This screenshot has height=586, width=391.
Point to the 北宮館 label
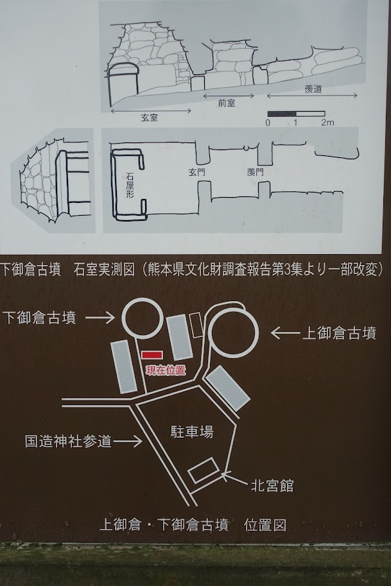[x=272, y=486]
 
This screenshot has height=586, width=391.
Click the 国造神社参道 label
[x=69, y=442]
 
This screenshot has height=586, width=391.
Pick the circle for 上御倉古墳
[x=233, y=333]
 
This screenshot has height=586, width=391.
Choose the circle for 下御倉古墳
[x=143, y=318]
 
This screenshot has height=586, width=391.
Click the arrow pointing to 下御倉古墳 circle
[x=100, y=318]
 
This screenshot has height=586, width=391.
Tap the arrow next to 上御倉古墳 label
[x=286, y=332]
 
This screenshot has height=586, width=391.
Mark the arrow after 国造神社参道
[x=128, y=442]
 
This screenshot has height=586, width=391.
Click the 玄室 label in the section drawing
[x=150, y=117]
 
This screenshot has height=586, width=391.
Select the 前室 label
[x=227, y=103]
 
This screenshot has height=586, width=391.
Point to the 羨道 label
[x=313, y=89]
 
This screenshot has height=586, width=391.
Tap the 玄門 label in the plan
[x=196, y=172]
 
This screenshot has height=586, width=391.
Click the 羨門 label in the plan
[x=256, y=172]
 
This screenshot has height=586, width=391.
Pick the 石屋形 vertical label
[x=130, y=185]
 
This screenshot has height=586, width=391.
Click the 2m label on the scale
[x=327, y=122]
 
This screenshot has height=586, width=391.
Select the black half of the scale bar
[x=282, y=114]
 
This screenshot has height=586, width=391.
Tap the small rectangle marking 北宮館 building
[x=205, y=469]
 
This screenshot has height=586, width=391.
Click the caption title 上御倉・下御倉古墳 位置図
[x=193, y=525]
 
